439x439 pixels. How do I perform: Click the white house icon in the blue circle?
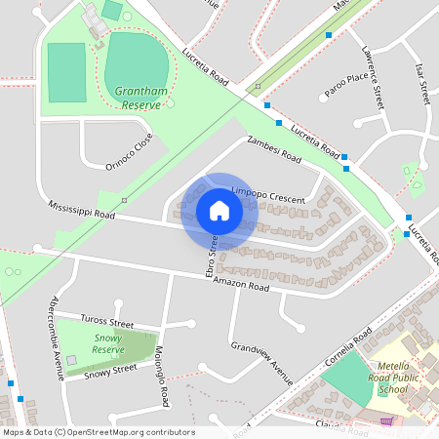[219, 210]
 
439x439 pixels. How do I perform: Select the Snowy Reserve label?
[108, 342]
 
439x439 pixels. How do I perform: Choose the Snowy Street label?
[109, 371]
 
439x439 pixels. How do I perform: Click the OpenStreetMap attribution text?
[98, 432]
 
